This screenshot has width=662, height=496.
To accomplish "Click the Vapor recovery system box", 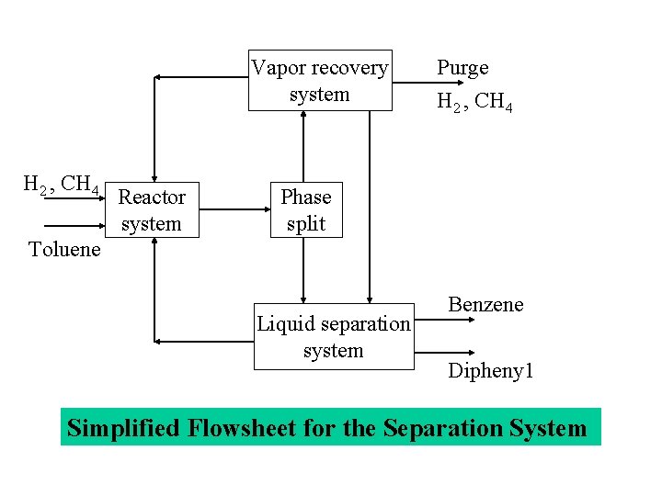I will [320, 81].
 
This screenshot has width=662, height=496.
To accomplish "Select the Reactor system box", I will [153, 210].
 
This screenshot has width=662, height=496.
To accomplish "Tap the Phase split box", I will [306, 210].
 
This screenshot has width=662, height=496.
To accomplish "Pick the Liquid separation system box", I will [334, 337].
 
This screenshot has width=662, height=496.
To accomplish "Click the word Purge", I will [462, 68].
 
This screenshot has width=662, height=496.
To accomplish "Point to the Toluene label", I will [64, 250].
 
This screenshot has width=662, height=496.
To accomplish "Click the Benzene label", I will [485, 305].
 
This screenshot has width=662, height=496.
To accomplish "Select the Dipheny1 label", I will [491, 371].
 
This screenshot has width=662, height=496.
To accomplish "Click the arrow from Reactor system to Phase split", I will [234, 209].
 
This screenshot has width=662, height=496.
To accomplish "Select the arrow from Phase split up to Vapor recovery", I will [303, 146].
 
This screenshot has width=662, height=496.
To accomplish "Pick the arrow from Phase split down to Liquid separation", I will [303, 270].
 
